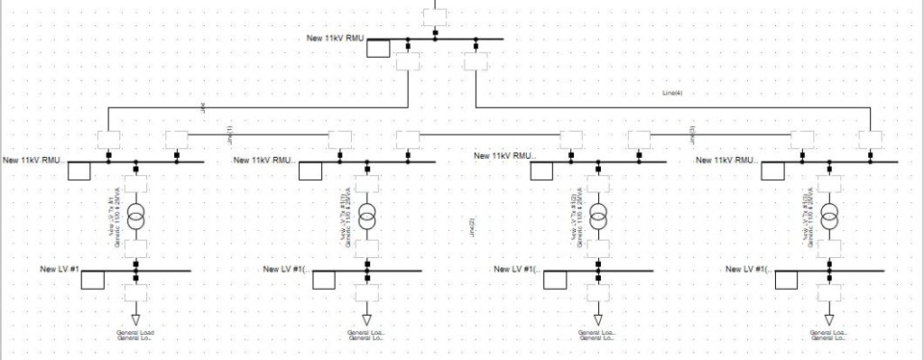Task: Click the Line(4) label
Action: [672, 93]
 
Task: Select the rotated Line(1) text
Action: [229, 134]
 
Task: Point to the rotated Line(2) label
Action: [472, 227]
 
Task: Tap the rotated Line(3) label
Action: [692, 133]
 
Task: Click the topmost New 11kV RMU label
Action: [337, 38]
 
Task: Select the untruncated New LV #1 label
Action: [60, 269]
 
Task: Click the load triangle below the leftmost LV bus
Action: [135, 319]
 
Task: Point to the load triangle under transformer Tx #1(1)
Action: [367, 319]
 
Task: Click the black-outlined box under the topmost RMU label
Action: [378, 48]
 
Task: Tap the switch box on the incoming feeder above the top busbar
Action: [435, 14]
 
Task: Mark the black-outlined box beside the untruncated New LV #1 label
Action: [93, 279]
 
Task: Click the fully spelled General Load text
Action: [135, 333]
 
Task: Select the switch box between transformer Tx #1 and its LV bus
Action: [135, 248]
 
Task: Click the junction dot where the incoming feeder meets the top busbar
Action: [435, 38]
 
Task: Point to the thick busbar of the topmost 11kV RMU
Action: [469, 40]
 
